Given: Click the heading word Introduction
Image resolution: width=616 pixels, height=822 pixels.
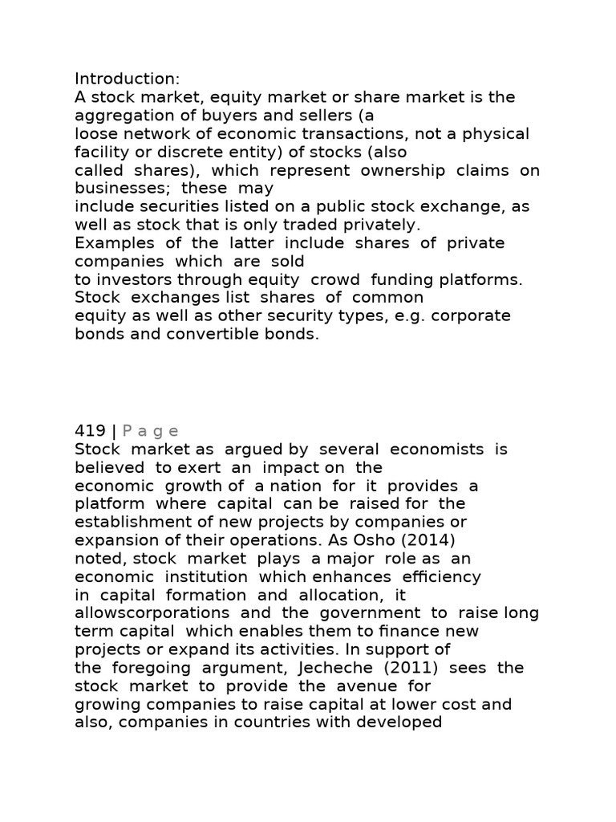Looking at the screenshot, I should (127, 79).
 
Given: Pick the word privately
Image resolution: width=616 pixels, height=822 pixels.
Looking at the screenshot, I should (376, 225).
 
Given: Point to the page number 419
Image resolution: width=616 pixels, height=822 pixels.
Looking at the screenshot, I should (91, 431).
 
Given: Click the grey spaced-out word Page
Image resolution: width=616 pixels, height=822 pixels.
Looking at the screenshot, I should (151, 431).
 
